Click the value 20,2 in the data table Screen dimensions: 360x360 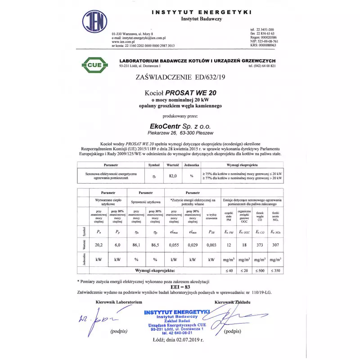(x=99, y=245)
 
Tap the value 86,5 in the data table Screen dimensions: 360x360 (x=154, y=245)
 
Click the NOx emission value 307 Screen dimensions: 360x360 (x=275, y=245)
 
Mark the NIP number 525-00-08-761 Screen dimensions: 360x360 (x=265, y=41)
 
